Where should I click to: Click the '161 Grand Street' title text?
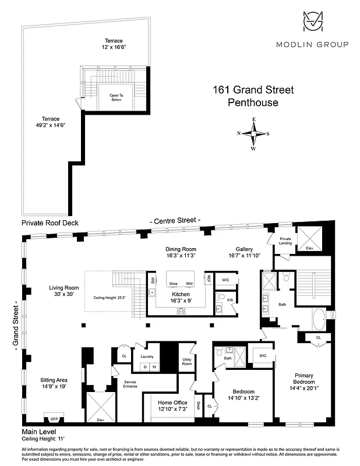pos(252,90)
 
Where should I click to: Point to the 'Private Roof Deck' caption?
pos(50,223)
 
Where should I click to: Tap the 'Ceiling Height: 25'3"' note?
pos(110,298)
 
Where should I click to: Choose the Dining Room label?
pos(180,252)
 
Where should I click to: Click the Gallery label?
pos(243,252)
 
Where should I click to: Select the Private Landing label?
pos(285,241)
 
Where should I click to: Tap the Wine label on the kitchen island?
pos(173,284)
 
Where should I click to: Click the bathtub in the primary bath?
pos(321,319)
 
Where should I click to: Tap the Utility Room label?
pos(187,362)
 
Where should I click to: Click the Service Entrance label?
pos(130,384)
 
